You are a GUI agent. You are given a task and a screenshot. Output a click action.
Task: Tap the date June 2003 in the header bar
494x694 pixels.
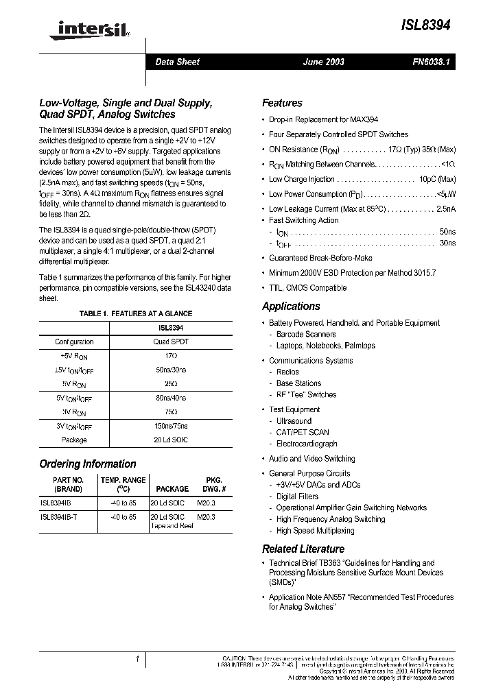pos(323,62)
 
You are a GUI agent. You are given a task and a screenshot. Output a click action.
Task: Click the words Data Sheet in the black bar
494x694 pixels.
pos(177,62)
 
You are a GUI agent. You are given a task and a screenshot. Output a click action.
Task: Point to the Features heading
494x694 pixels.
pos(282,103)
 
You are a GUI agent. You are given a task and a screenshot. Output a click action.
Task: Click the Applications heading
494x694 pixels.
pos(291,307)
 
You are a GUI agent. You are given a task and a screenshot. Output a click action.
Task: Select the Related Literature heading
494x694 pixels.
pos(303,549)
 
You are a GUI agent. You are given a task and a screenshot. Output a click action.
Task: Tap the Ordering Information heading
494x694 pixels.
pos(88,464)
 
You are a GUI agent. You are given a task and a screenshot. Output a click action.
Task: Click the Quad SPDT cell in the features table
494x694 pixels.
pos(170,342)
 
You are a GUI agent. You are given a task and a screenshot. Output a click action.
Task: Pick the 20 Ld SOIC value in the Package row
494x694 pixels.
pos(170,440)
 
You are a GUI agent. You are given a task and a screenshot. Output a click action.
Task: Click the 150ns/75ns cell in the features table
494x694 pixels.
pos(170,426)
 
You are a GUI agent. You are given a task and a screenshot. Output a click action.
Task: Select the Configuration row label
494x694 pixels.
pos(74,342)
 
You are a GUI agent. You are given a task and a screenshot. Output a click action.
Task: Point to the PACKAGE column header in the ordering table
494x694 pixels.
pos(172,489)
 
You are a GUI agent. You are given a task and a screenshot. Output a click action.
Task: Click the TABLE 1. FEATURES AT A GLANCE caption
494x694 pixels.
pos(136,313)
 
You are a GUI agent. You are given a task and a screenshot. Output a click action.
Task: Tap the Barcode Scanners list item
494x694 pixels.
pos(306,335)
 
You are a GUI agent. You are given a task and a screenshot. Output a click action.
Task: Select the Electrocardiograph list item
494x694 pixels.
pos(307,444)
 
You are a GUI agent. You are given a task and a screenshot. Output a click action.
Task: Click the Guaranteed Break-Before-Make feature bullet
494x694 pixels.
pos(320,258)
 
